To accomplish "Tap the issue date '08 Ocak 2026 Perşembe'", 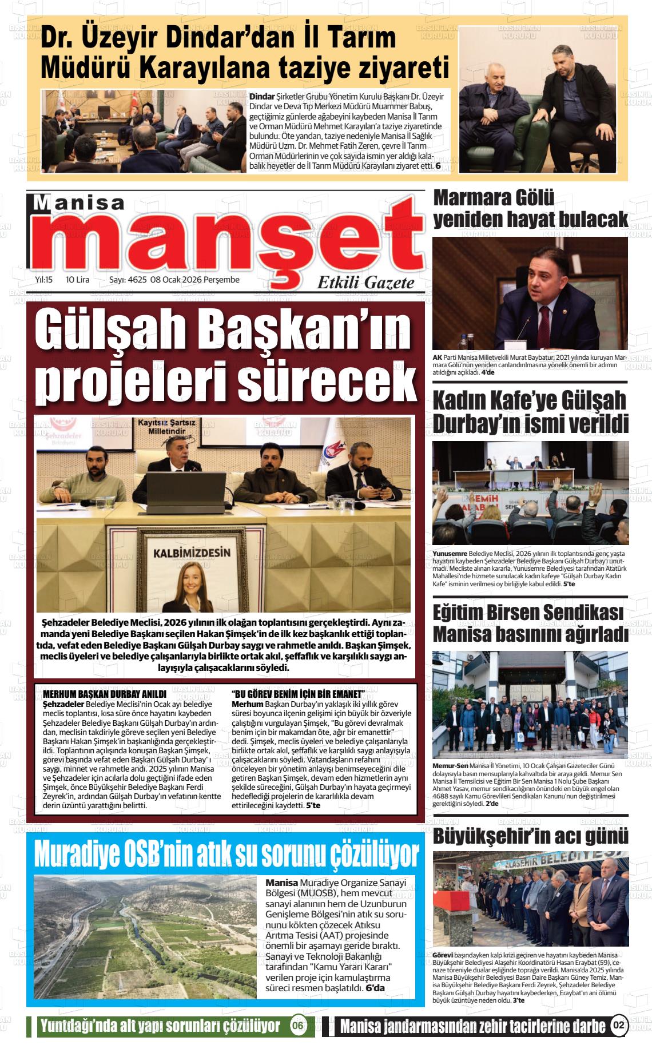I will click(194, 280).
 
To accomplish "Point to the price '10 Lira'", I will click(78, 280).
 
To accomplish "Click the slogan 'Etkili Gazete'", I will click(365, 283).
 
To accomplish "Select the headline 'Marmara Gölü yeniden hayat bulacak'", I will click(530, 209).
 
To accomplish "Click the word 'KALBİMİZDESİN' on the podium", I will click(192, 553).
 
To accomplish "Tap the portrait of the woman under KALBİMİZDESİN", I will click(190, 586).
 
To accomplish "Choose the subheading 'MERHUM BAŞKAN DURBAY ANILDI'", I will click(105, 694).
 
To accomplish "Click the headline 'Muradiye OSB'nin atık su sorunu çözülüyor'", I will click(226, 854).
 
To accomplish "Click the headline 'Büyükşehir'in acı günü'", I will click(530, 836).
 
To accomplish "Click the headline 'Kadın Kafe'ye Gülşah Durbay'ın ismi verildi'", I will click(530, 412).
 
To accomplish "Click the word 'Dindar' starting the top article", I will click(262, 97).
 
